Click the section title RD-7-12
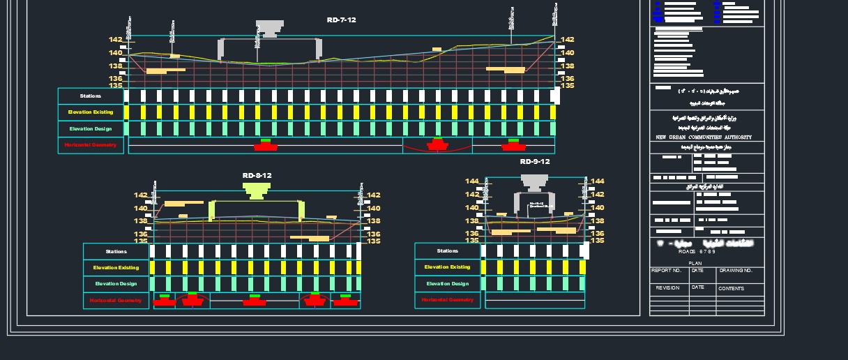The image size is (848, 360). click(341, 20)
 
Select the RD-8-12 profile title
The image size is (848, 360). click(257, 176)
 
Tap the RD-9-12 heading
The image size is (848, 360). click(535, 162)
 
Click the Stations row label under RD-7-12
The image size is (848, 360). click(91, 96)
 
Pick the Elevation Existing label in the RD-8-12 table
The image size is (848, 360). click(116, 268)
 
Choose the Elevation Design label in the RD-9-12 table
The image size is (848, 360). click(448, 284)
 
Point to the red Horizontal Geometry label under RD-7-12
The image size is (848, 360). click(91, 145)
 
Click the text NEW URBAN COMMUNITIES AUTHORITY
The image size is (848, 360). click(704, 137)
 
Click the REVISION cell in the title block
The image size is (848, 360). click(667, 288)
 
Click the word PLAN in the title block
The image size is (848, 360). click(706, 264)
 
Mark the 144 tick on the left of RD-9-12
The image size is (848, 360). click(472, 181)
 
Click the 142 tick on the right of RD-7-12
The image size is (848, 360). click(568, 40)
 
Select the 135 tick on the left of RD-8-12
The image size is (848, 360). click(141, 241)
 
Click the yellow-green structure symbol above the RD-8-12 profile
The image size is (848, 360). click(257, 190)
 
